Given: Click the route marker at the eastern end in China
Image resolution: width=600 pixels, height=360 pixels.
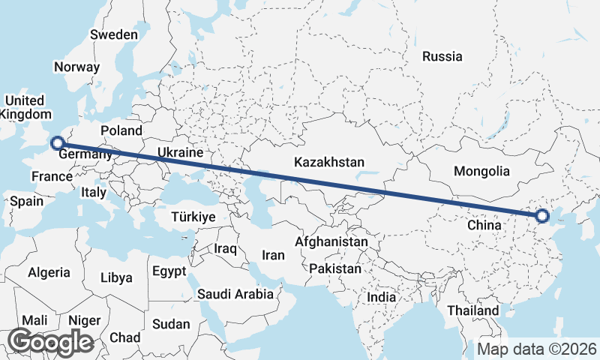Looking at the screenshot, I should click(x=542, y=217).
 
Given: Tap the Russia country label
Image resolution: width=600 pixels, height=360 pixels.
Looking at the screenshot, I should click(x=442, y=56).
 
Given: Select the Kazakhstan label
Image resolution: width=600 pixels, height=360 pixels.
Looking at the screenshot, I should click(x=329, y=162).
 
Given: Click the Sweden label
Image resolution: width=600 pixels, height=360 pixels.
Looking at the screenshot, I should click(x=114, y=34).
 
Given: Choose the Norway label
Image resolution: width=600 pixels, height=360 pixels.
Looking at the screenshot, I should click(x=76, y=67).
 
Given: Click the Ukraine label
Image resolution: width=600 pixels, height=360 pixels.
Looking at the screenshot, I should click(x=180, y=152).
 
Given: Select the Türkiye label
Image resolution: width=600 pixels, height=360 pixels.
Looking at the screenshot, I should click(x=193, y=216).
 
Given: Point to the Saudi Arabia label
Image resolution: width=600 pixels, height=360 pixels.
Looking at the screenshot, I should click(x=235, y=294).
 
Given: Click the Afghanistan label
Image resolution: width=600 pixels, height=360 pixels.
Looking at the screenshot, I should click(x=331, y=242).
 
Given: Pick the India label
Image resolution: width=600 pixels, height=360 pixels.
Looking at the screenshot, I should click(x=381, y=297).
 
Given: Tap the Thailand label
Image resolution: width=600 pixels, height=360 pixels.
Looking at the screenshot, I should click(x=474, y=310).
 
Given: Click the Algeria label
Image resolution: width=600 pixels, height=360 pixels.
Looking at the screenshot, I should click(x=49, y=273).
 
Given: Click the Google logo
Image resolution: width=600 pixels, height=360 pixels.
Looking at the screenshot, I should click(x=50, y=342).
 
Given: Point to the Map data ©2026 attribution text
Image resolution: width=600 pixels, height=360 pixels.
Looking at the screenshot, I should click(x=536, y=349).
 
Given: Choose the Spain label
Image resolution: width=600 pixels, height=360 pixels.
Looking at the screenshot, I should click(x=25, y=201).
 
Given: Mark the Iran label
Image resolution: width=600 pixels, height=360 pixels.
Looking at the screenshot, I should click(x=273, y=255).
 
